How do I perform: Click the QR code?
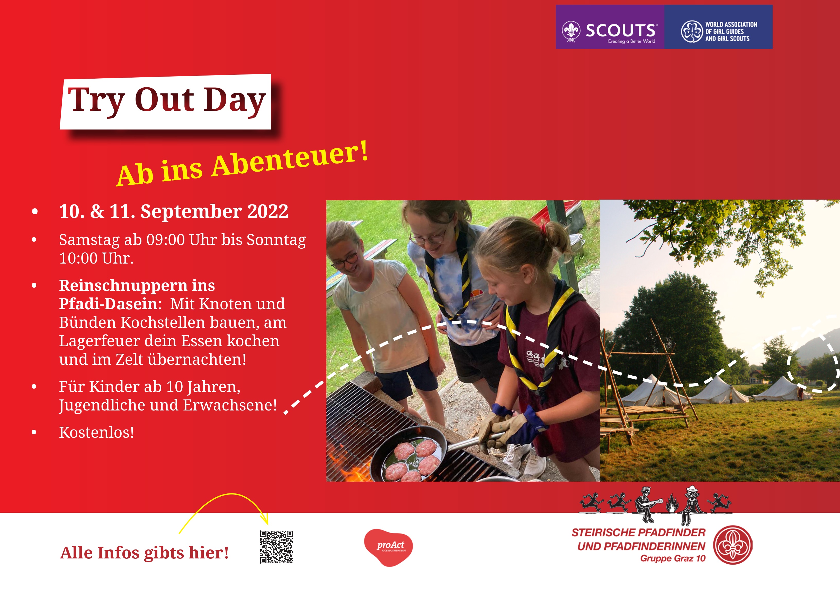pyautogui.click(x=276, y=547)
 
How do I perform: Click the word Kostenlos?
pyautogui.click(x=96, y=432)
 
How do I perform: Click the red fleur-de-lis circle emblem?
pyautogui.click(x=733, y=545)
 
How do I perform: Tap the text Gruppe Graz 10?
pyautogui.click(x=673, y=559)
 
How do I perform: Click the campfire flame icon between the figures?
pyautogui.click(x=672, y=504)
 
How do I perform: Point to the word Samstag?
pyautogui.click(x=90, y=240)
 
